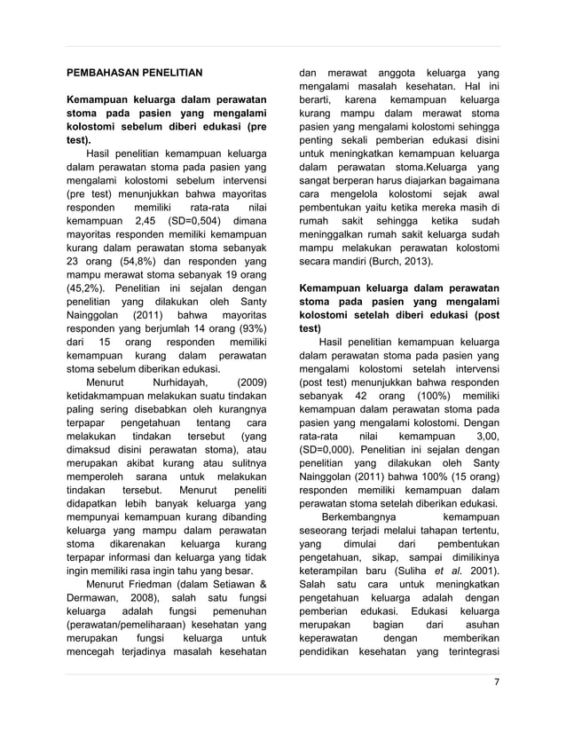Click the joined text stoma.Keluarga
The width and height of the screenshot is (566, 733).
tap(425, 167)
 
